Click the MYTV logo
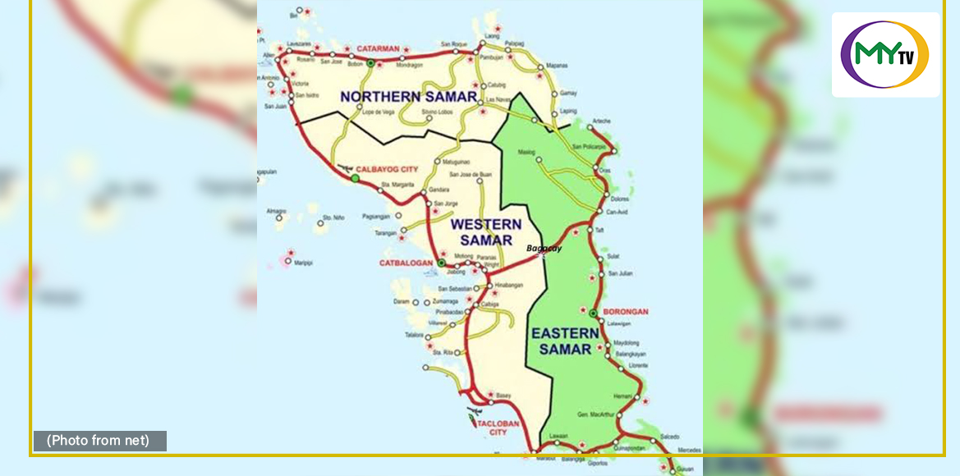885,54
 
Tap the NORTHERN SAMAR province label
408,97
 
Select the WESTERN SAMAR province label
486,231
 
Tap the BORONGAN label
626,312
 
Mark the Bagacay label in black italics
544,248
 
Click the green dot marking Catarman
370,62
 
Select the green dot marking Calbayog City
355,178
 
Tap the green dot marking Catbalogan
441,263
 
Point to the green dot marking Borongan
593,313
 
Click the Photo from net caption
99,441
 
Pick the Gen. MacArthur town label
595,414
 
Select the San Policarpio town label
589,146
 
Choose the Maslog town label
526,152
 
